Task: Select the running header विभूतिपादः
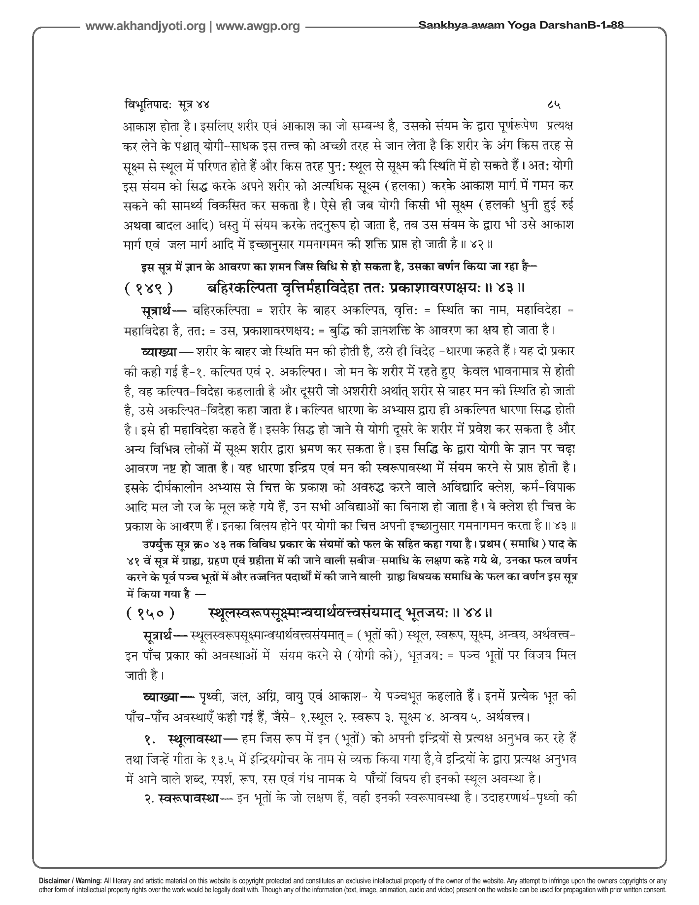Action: tap(146, 105)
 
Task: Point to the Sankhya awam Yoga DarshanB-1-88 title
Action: tap(521, 26)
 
